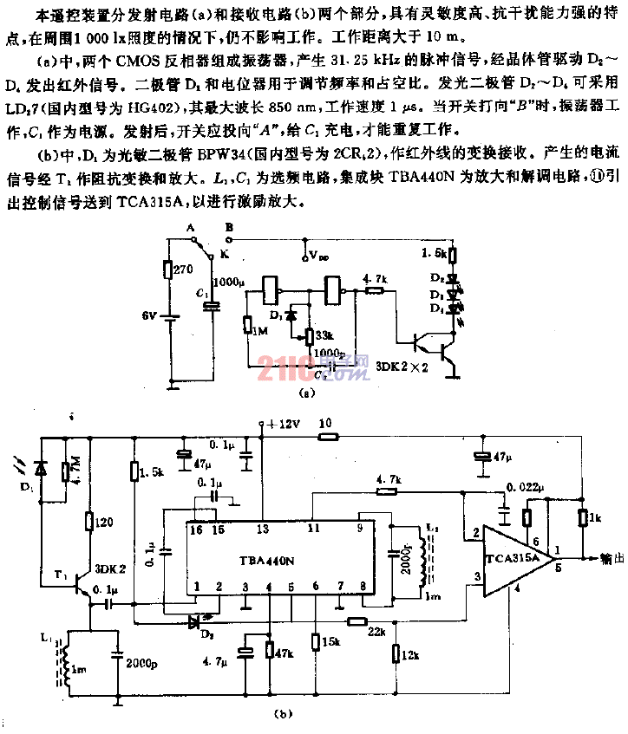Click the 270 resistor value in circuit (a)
pos(183,270)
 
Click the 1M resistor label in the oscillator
pos(258,325)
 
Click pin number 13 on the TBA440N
pos(261,527)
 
